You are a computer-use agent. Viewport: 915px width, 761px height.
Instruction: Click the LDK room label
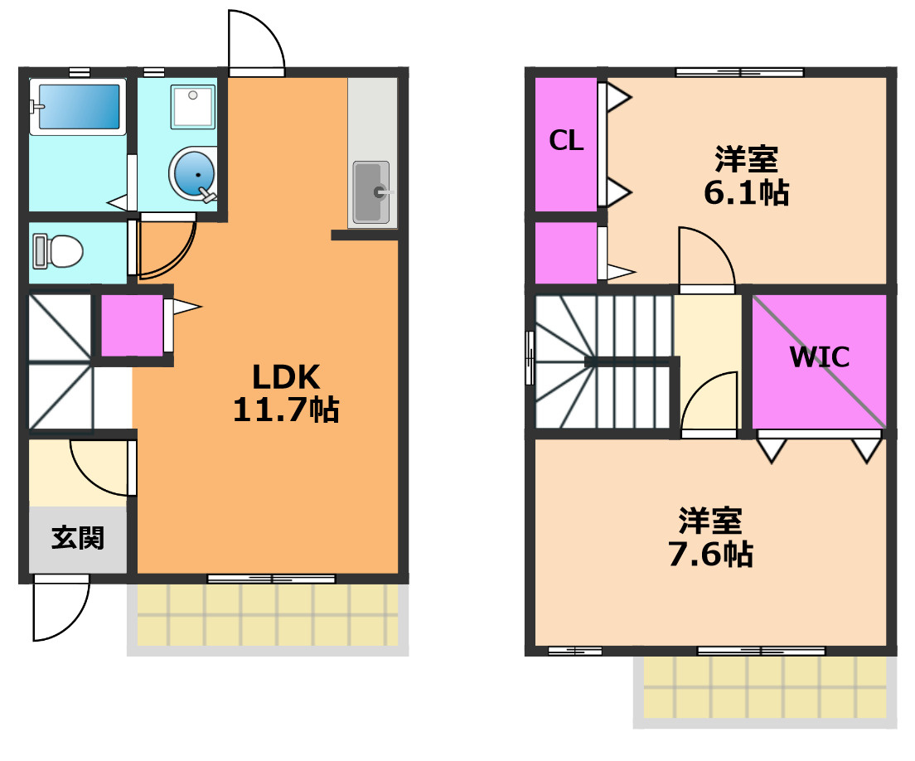tap(286, 377)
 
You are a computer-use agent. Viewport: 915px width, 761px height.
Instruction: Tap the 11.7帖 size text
tap(286, 409)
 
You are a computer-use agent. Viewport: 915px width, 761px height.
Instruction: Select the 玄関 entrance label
tap(78, 538)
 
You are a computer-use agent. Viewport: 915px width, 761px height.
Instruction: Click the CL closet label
tap(566, 141)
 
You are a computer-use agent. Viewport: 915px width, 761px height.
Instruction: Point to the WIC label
tap(820, 356)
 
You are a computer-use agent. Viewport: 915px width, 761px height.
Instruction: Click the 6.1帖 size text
tap(747, 192)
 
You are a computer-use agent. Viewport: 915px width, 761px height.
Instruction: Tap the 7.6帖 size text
tap(710, 554)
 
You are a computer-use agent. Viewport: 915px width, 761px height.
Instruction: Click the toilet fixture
tap(57, 251)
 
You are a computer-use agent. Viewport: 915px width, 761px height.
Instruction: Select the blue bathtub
tap(78, 106)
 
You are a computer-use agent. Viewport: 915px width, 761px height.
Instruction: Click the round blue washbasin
tap(193, 174)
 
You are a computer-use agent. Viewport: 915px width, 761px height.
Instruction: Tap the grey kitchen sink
tap(371, 192)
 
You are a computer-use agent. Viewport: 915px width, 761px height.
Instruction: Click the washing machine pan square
tap(193, 107)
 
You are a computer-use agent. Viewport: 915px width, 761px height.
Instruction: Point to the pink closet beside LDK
tap(132, 326)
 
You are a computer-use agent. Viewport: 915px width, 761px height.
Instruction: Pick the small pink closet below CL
tap(566, 252)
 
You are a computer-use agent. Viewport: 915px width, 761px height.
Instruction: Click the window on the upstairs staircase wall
tap(530, 357)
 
